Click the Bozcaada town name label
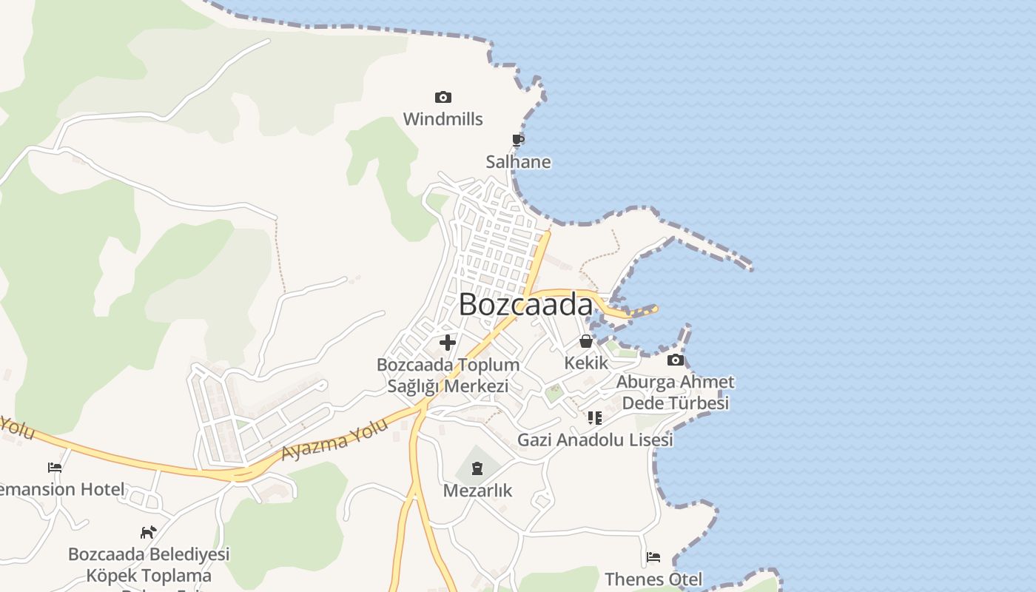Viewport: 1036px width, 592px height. [x=526, y=305]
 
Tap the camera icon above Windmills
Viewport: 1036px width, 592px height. [x=443, y=97]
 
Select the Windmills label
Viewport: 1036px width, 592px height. [x=443, y=119]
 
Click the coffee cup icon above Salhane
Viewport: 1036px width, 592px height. [x=518, y=140]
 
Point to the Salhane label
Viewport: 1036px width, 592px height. [x=518, y=162]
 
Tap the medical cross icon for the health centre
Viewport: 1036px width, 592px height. [x=448, y=343]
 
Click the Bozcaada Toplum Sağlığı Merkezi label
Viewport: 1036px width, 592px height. [x=448, y=375]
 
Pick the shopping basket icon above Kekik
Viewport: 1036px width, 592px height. [x=586, y=341]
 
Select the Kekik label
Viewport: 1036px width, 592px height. [x=586, y=363]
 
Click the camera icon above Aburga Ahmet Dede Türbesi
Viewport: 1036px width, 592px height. [x=675, y=360]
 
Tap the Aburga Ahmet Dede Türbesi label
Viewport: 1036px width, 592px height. [x=675, y=392]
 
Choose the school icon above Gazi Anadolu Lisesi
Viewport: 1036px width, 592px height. [x=594, y=418]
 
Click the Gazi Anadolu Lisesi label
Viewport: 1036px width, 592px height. [x=595, y=440]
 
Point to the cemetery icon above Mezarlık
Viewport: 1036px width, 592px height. [x=477, y=468]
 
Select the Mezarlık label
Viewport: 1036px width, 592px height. [x=477, y=490]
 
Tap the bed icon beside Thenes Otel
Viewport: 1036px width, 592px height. [x=653, y=557]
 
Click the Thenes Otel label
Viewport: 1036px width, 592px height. [x=653, y=579]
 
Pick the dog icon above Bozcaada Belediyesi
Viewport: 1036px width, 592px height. [x=149, y=532]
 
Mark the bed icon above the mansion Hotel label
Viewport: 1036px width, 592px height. [x=55, y=468]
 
